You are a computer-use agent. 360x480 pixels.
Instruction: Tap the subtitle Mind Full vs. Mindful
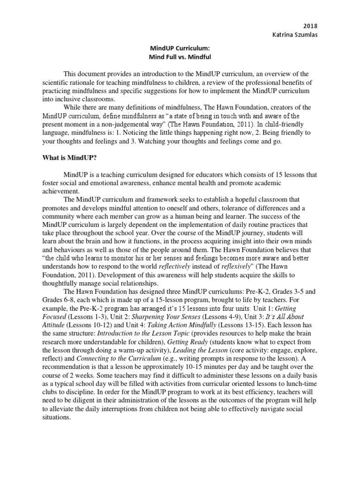tap(180, 57)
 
